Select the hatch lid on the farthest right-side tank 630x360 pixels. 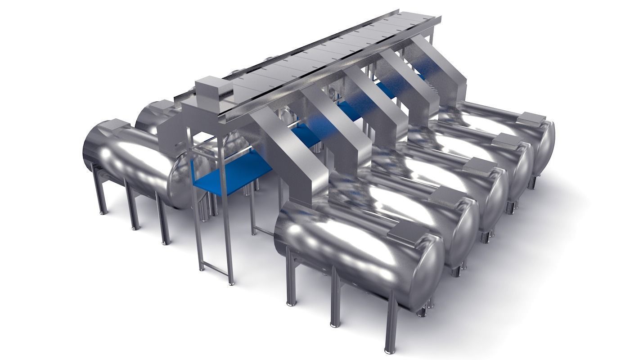[x=534, y=119]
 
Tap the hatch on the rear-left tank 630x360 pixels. [x=163, y=105]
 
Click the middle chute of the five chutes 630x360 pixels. [x=369, y=108]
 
